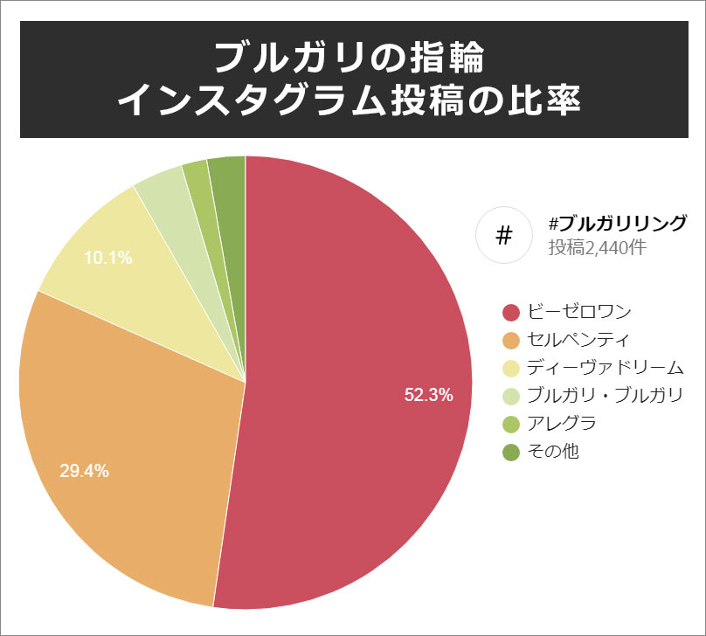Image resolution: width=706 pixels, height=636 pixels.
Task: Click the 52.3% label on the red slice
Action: [428, 395]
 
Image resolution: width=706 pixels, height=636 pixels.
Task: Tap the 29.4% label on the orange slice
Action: [84, 471]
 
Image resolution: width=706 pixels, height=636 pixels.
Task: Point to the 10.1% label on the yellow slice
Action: [107, 258]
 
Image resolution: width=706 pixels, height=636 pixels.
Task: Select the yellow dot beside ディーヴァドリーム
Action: [512, 368]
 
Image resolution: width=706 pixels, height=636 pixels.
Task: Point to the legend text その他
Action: [553, 452]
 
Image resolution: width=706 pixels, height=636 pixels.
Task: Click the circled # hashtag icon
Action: [503, 235]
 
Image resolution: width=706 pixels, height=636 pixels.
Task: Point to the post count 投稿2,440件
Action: [598, 247]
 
